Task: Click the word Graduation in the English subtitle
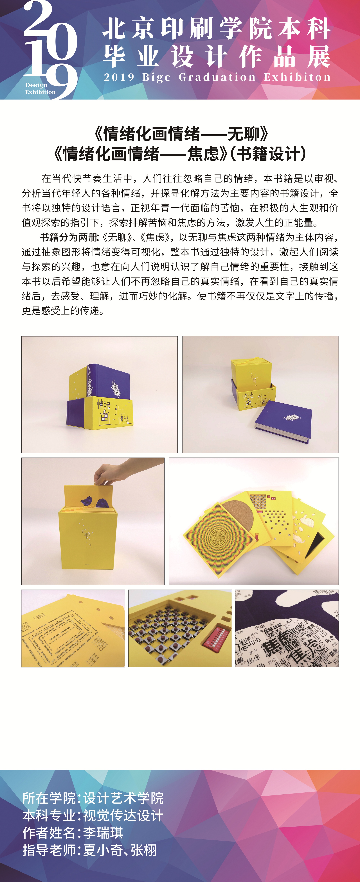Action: tap(217, 77)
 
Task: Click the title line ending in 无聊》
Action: tap(181, 133)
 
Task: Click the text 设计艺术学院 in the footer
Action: tap(123, 798)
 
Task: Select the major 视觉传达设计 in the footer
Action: tap(123, 815)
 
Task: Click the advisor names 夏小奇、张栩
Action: tap(120, 850)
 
